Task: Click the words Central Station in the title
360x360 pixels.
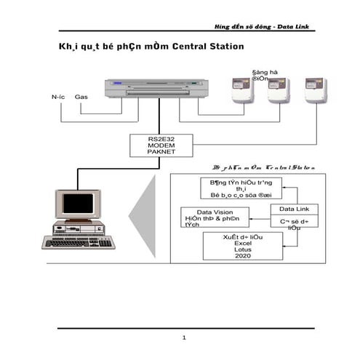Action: (209, 47)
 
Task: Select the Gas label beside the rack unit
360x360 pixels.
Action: (81, 96)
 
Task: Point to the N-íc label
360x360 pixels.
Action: (59, 96)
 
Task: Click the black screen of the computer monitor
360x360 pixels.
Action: (77, 204)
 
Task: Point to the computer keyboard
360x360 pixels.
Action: (78, 242)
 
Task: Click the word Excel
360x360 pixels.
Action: (242, 243)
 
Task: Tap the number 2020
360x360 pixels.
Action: (242, 256)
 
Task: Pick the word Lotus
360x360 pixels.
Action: (242, 249)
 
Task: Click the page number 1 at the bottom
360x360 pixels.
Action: (185, 337)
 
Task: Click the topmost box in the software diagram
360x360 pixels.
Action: (240, 188)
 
